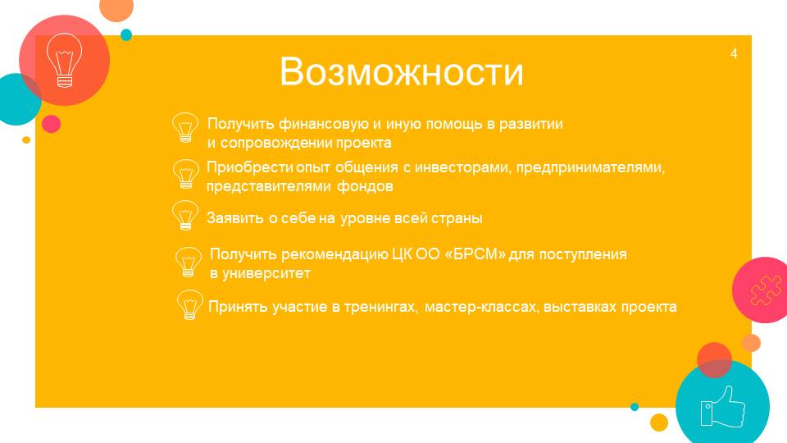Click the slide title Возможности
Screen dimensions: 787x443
[401, 72]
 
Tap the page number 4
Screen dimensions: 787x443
[734, 54]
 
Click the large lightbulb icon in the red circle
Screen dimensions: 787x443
[64, 60]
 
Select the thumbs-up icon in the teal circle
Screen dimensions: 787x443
[723, 407]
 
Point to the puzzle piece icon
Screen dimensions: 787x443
[766, 290]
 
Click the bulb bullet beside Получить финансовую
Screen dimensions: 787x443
[185, 128]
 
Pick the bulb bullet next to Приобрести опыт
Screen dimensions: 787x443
[186, 174]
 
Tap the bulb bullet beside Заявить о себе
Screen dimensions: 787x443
[185, 215]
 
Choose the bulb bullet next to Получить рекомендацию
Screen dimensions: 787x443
[189, 262]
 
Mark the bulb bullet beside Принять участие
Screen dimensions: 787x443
[189, 305]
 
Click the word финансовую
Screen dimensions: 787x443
[324, 124]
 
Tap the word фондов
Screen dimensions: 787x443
[365, 186]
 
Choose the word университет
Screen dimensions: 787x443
[266, 273]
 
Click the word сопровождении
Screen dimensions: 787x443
[275, 143]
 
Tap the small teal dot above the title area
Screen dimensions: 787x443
[126, 34]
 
